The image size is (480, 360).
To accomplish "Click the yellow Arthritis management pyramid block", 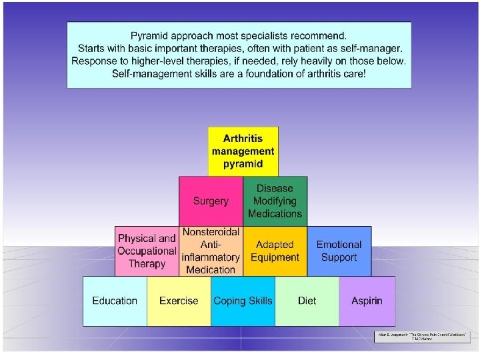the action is coord(243,151).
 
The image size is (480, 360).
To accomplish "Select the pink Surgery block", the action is coord(211,201).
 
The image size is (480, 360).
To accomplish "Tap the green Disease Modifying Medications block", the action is coord(275,201).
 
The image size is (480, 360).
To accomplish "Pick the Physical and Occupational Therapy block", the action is coord(147,251).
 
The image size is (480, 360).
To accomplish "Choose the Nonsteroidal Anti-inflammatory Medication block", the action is coord(211,251).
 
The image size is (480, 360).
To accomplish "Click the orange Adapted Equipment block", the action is coord(275,251).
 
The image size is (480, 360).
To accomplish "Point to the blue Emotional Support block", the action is coord(339,251).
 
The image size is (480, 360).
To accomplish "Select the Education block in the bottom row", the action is coord(115,301).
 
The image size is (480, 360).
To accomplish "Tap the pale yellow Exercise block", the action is coord(179,301).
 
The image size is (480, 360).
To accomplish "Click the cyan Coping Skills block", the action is coord(243,301).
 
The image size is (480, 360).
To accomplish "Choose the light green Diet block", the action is coord(307,301).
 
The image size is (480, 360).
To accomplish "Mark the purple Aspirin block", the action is coord(367,301).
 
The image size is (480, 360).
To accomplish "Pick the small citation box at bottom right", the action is coord(421,337).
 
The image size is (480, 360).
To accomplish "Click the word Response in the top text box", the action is coord(93,60).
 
